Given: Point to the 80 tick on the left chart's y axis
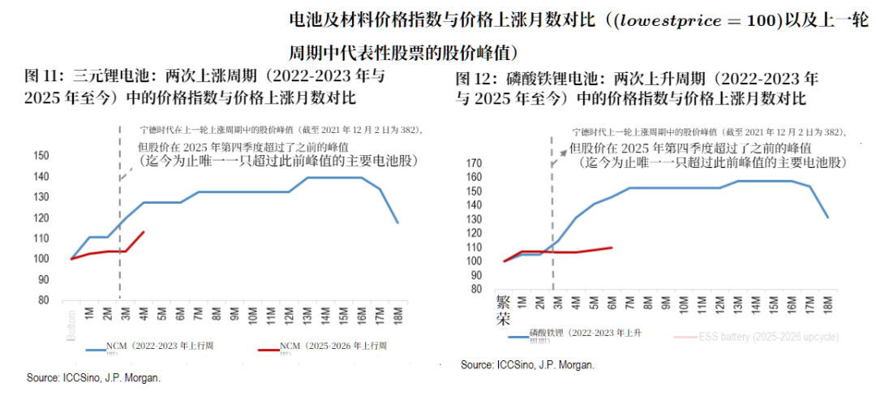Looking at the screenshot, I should (43, 299).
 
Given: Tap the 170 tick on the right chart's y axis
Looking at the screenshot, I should (474, 162).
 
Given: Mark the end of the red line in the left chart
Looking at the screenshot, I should (144, 232).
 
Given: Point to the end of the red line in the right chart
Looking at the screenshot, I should (611, 247).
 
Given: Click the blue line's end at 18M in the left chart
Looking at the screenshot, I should (397, 222).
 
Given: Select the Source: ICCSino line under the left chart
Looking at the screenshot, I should (93, 377).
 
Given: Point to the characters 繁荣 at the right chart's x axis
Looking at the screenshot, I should (504, 311).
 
